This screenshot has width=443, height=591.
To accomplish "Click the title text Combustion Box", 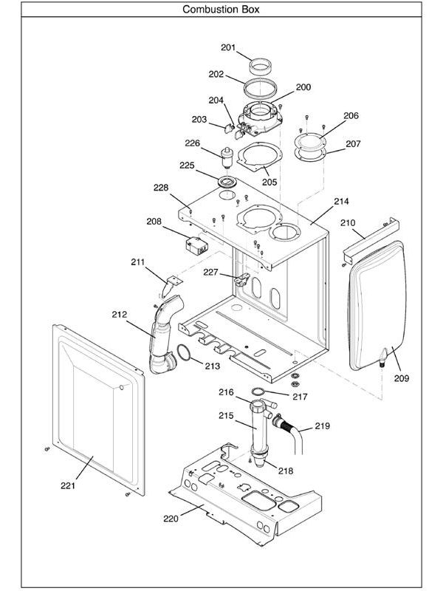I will (221, 10).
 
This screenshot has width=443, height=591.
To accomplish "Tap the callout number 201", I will (228, 48).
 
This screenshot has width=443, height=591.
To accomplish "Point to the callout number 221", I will (68, 485).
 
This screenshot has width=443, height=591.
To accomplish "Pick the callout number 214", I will (341, 201).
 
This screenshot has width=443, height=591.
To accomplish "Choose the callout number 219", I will (322, 426).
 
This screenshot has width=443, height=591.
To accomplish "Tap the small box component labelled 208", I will (196, 245).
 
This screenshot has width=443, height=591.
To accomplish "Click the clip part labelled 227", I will (240, 279).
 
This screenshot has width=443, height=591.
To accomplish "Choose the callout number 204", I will (216, 100).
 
